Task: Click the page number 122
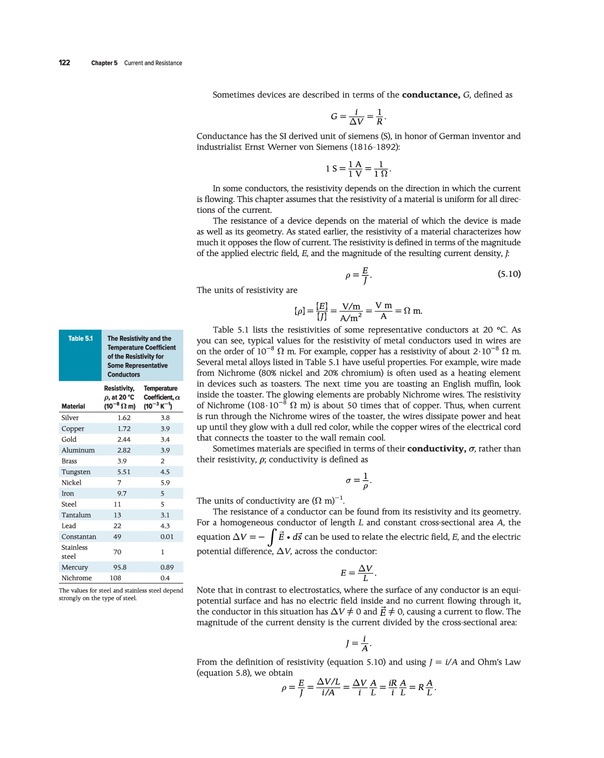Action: (64, 63)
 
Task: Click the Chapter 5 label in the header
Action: (104, 63)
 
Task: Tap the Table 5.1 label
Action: (80, 339)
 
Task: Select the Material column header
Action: (73, 406)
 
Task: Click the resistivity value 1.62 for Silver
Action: (124, 418)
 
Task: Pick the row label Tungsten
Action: (76, 472)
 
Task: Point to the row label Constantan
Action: (79, 536)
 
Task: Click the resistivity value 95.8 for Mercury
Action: (119, 567)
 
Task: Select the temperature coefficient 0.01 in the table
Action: (167, 536)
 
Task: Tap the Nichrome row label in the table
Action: (77, 578)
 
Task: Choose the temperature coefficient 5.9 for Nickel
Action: (165, 482)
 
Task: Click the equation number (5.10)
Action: (509, 274)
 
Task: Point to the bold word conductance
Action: (431, 95)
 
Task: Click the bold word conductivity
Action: (436, 448)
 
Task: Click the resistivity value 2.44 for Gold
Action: (124, 439)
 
